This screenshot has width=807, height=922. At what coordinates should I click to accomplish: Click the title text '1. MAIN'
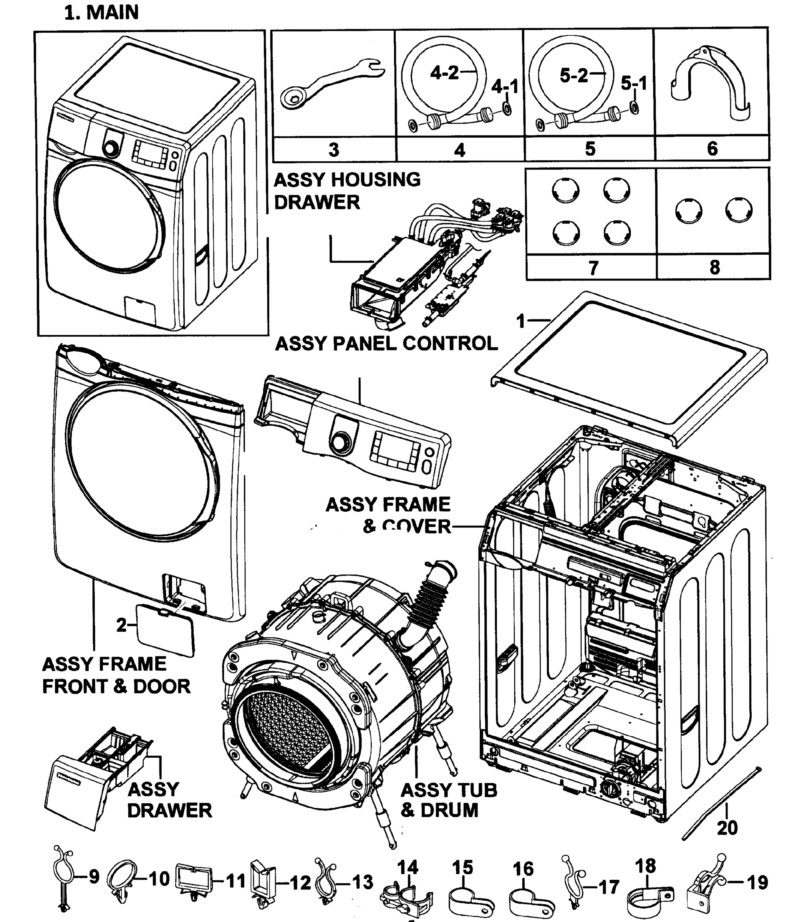pos(101,13)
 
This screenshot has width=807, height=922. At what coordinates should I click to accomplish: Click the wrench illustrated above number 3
pos(331,84)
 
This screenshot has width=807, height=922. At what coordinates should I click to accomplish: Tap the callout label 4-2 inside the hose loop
pos(444,73)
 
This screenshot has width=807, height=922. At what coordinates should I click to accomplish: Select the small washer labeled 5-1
pos(634,108)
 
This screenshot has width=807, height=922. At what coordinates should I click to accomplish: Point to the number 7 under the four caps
pos(593,268)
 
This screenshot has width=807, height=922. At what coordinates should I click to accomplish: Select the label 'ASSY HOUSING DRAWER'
pos(347,191)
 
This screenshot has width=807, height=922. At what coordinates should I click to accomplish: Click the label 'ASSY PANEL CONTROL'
pos(386,344)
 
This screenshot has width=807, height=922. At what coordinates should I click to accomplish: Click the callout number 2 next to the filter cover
pos(121,625)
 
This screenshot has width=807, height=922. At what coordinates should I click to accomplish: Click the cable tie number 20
pos(727,828)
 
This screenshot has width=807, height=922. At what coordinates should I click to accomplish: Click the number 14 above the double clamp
pos(408,867)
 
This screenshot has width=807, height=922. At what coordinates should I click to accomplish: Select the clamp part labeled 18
pos(648,896)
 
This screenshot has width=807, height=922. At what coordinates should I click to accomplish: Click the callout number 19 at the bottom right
pos(757,882)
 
